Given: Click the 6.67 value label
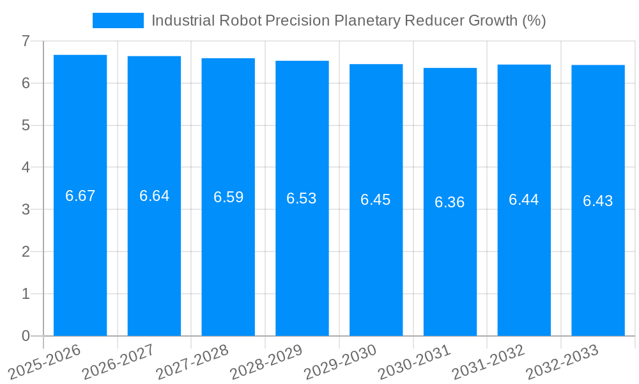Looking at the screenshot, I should tap(80, 196).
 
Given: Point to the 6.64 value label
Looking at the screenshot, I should tap(154, 196).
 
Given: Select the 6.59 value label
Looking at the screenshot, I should tap(228, 197).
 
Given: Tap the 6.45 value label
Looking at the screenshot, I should tap(376, 200).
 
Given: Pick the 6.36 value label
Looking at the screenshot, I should tap(450, 202).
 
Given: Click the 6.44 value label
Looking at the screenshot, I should tap(524, 200).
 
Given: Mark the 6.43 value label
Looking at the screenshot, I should tap(597, 201).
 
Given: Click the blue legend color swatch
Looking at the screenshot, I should tap(118, 20).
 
